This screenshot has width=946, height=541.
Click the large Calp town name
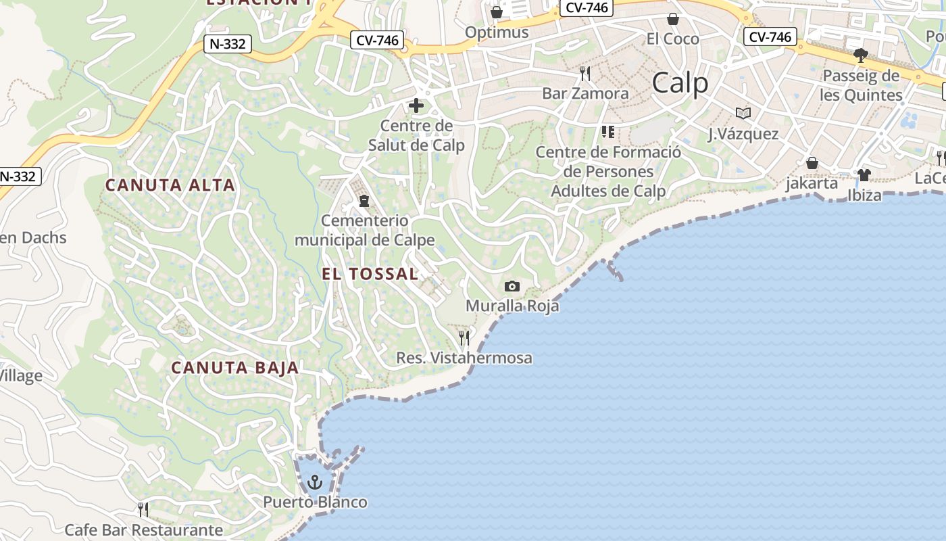tap(680, 83)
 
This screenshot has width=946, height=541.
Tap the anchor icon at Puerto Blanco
tap(314, 482)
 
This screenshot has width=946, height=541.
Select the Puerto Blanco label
tap(315, 502)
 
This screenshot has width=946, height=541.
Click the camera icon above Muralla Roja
tap(512, 286)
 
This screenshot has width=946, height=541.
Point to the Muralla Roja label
tap(512, 306)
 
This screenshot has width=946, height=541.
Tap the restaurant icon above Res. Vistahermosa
tap(464, 337)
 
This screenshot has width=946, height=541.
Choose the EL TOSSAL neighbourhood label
tap(370, 274)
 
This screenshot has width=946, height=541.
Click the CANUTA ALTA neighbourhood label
tap(170, 185)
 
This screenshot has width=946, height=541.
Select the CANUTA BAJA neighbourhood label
tap(234, 368)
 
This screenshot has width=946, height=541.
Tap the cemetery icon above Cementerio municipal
tap(364, 201)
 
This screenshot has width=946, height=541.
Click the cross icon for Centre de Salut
tap(416, 105)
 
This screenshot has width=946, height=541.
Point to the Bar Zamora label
tap(585, 93)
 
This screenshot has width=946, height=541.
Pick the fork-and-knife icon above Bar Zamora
tap(585, 73)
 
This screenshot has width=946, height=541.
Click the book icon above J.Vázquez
tap(743, 114)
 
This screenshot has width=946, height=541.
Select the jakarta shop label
tap(812, 183)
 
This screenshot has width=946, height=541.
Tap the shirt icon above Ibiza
tap(864, 175)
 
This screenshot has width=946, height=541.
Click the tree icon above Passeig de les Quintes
tap(861, 55)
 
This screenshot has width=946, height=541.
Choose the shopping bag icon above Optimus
tap(497, 12)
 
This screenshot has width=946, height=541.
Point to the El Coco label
tap(672, 39)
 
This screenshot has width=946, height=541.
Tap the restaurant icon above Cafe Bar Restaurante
tap(143, 509)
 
